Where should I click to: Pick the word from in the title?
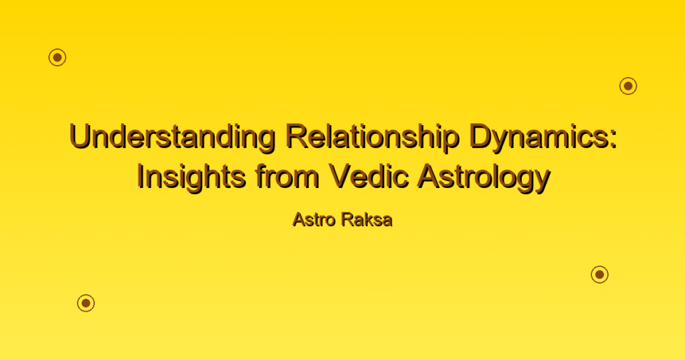pyautogui.click(x=288, y=176)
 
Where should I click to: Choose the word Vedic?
pyautogui.click(x=369, y=176)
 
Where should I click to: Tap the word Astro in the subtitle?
pyautogui.click(x=315, y=219)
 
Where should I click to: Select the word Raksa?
pyautogui.click(x=367, y=219)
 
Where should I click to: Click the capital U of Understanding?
pyautogui.click(x=80, y=136)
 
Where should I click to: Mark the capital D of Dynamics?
pyautogui.click(x=481, y=135)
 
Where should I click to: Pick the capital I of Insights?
pyautogui.click(x=140, y=175)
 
